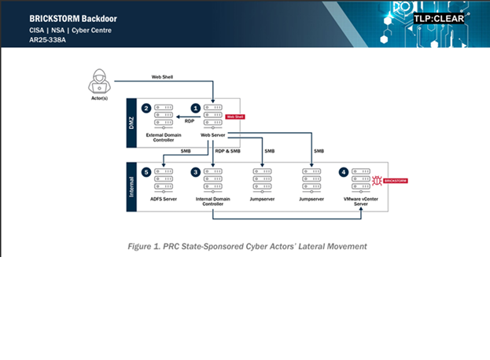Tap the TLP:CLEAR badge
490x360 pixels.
pos(439,17)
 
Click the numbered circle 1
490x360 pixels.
pos(197,107)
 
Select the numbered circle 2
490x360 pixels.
pos(146,107)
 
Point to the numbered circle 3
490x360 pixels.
pos(197,171)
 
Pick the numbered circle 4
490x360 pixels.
pos(344,171)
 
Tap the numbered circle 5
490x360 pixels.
pos(146,171)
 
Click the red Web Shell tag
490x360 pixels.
pos(235,116)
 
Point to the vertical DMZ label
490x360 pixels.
pos(131,123)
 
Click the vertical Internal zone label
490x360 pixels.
pos(131,187)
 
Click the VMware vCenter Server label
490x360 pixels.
pos(363,203)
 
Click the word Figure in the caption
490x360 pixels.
pos(142,246)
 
